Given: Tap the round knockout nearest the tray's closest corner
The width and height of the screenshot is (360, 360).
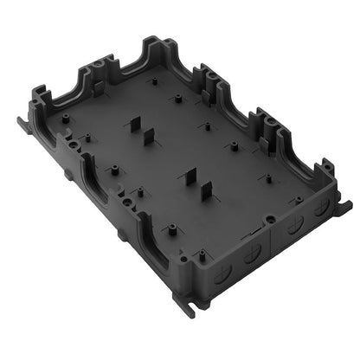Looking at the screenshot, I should pos(252,256).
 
